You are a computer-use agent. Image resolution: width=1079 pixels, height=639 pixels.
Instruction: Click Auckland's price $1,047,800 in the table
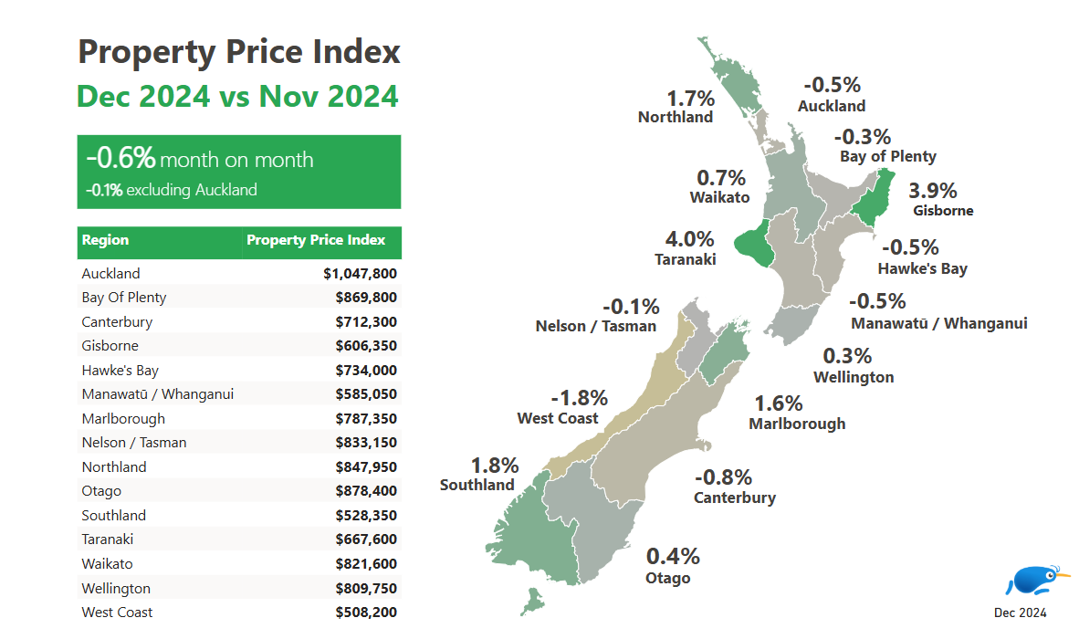360,273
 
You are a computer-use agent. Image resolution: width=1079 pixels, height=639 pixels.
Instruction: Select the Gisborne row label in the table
110,346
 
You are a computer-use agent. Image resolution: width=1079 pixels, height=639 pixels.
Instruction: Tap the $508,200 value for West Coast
366,613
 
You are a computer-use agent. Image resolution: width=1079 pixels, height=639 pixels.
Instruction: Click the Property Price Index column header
316,241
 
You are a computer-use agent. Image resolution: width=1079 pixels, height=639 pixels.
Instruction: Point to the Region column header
105,241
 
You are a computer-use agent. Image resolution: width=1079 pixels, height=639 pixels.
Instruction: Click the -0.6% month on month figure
121,158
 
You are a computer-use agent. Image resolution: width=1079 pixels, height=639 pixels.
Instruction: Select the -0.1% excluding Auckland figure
104,191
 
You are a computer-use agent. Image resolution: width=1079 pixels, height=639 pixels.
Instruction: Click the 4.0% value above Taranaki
689,240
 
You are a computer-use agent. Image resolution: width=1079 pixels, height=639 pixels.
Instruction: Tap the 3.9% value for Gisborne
932,191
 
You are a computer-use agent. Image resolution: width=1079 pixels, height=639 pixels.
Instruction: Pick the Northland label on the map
675,117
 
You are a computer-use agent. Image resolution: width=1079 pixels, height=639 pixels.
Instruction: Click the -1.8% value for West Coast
579,398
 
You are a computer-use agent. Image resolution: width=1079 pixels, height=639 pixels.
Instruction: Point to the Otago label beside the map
667,578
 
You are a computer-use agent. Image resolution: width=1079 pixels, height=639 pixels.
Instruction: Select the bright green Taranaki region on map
753,246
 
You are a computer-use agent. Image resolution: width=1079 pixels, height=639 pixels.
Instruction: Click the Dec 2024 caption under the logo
1020,613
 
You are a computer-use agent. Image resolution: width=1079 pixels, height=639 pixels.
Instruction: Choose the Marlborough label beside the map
797,424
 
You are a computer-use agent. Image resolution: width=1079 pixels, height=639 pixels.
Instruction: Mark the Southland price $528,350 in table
366,516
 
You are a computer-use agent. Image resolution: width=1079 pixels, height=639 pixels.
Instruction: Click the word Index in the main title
353,51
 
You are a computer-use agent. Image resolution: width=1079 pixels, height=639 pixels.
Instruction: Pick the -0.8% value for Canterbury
723,477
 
